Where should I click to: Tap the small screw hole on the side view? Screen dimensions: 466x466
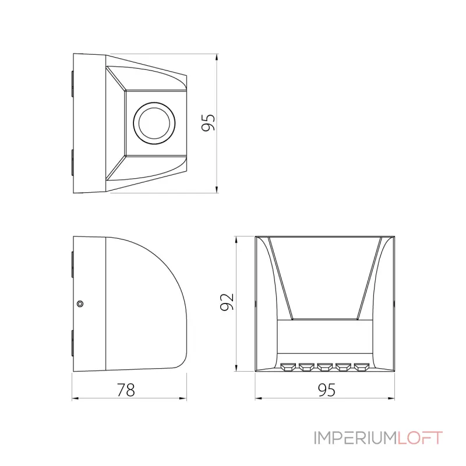click(80, 303)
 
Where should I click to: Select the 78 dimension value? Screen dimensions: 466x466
click(126, 390)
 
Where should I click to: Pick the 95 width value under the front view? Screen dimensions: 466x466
click(327, 390)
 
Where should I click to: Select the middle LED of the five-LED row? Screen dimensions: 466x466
click(325, 368)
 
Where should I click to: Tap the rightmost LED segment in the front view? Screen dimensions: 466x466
click(362, 368)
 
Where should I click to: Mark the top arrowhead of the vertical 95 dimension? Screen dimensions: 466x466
click(217, 58)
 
